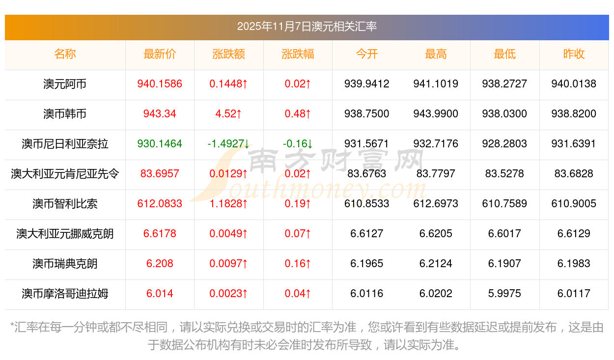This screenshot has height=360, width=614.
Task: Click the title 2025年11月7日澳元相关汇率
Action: coord(307,27)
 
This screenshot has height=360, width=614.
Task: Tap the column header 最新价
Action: coord(160,55)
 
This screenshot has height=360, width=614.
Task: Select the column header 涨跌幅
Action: coord(298,55)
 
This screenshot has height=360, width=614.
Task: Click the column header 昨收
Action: coord(574,55)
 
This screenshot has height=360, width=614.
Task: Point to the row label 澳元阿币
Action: coord(65,84)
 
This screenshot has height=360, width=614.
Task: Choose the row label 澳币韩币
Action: coord(65,114)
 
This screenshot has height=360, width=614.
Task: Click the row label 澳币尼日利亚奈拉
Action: coord(65,144)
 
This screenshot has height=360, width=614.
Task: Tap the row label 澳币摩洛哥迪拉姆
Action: coord(65,294)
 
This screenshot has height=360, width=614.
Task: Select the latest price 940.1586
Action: coord(160,84)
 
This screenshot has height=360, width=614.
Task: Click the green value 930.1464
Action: coord(160,144)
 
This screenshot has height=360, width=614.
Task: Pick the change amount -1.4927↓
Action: coord(228,144)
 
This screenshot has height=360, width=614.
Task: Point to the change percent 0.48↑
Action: coord(298,114)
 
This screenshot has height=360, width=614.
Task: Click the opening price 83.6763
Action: coord(366,174)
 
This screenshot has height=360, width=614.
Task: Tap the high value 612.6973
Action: coord(436,204)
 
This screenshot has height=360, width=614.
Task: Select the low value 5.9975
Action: coord(504,294)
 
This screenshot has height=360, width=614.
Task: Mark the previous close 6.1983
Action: coord(574,264)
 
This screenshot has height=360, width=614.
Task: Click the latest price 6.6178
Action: coord(160,234)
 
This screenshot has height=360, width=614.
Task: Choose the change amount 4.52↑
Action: coord(228,114)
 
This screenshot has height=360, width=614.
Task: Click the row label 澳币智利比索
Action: coord(65,204)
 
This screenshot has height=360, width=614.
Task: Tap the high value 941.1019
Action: coord(436,84)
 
